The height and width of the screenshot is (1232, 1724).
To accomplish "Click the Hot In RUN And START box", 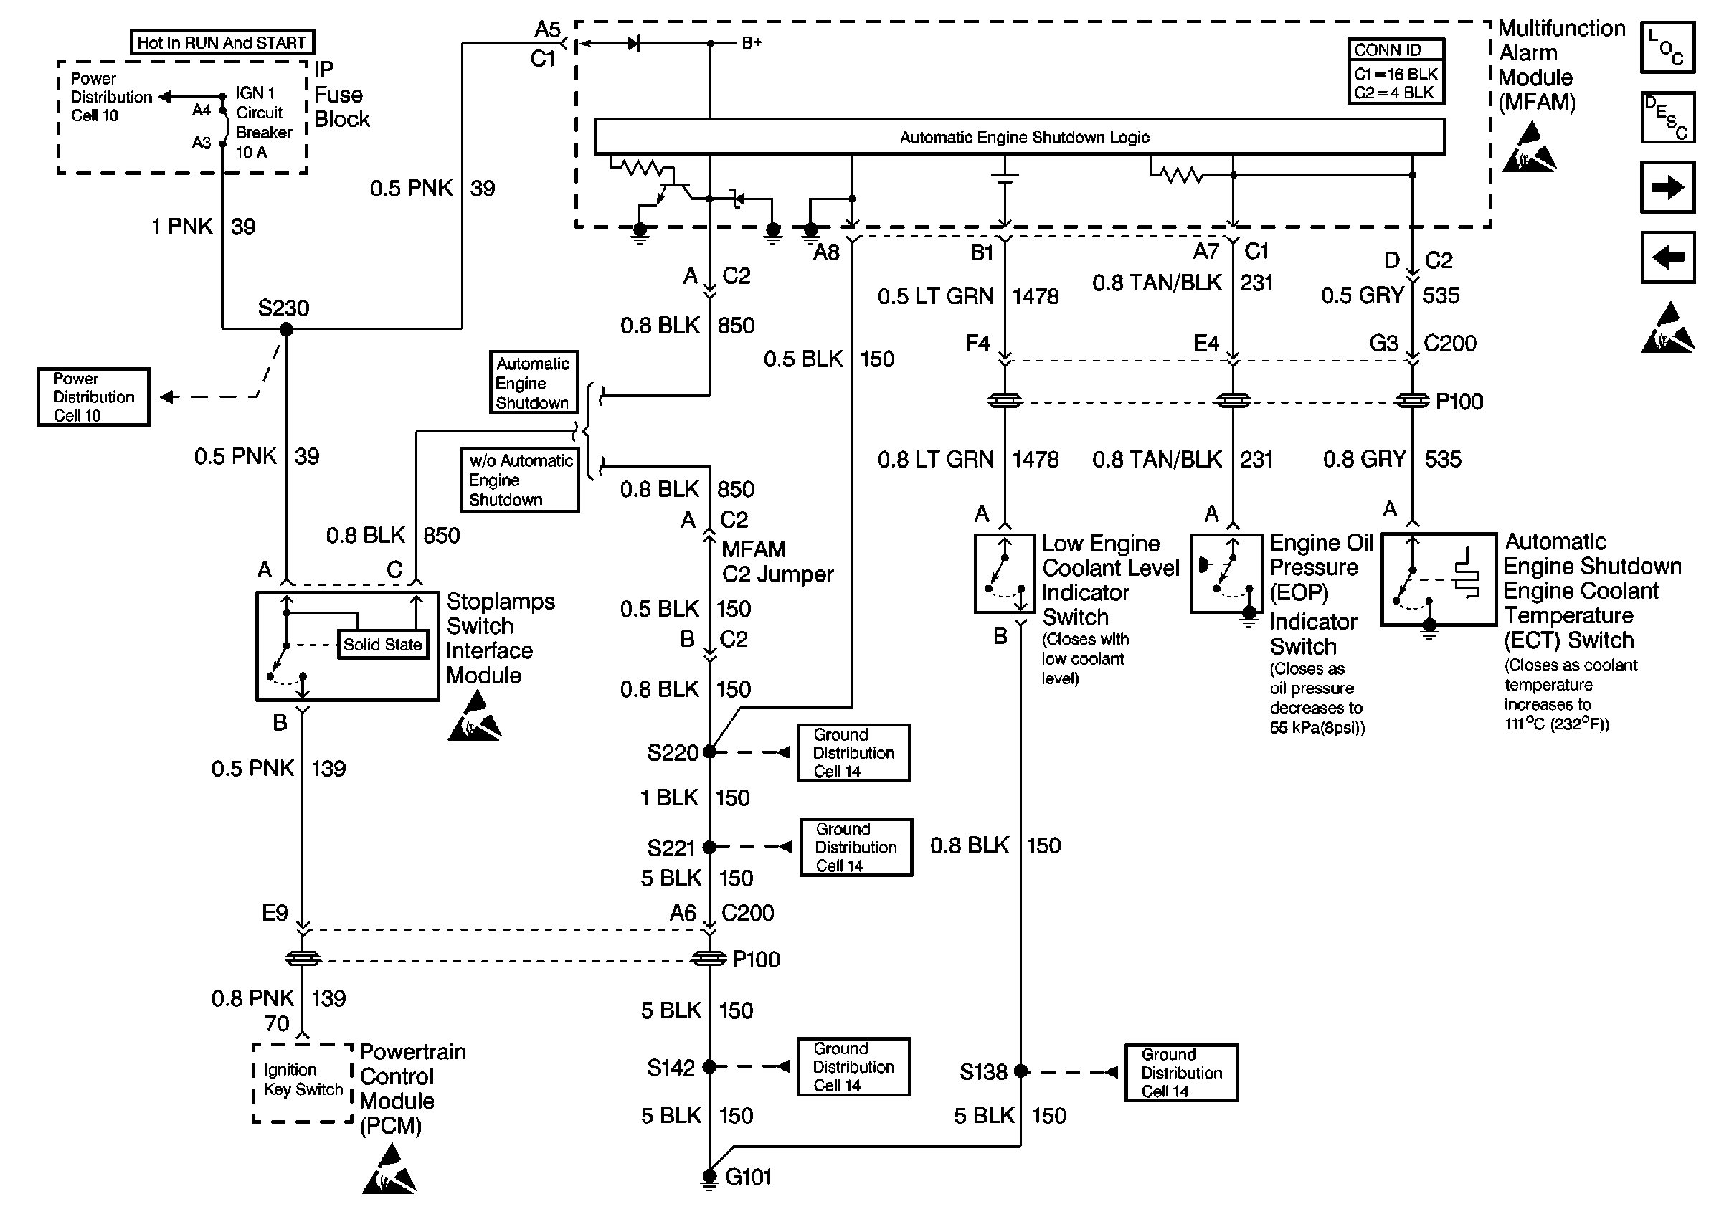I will tap(222, 42).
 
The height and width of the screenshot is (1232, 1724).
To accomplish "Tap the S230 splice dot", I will tap(286, 329).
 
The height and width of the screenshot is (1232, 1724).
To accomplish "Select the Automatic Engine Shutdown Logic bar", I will tap(1018, 137).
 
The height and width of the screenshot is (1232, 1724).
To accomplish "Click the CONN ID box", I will tap(1396, 71).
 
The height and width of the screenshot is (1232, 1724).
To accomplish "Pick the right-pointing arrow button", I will tap(1667, 187).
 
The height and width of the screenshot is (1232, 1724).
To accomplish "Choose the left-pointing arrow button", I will tap(1667, 258).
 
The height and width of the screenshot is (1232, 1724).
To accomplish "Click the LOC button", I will tap(1667, 48).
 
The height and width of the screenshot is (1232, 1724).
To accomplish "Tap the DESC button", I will tap(1667, 118).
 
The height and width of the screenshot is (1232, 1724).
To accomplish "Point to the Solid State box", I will tap(382, 645).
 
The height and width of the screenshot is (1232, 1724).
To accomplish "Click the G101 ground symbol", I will tap(709, 1177).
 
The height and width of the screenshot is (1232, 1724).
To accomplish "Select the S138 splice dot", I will tap(1021, 1071).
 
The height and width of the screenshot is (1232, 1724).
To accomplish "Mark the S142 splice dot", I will tap(709, 1066).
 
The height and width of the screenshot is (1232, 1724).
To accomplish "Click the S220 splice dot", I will tap(709, 752).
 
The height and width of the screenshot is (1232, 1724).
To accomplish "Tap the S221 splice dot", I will tap(709, 847).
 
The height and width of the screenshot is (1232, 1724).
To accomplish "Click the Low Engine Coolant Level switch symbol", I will tap(1004, 574).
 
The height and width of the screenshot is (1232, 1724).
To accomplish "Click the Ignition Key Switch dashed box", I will tap(303, 1083).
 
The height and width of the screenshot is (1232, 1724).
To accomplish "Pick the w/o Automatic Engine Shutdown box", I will tap(519, 480).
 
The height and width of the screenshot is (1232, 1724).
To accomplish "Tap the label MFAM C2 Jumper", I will tap(777, 561).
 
